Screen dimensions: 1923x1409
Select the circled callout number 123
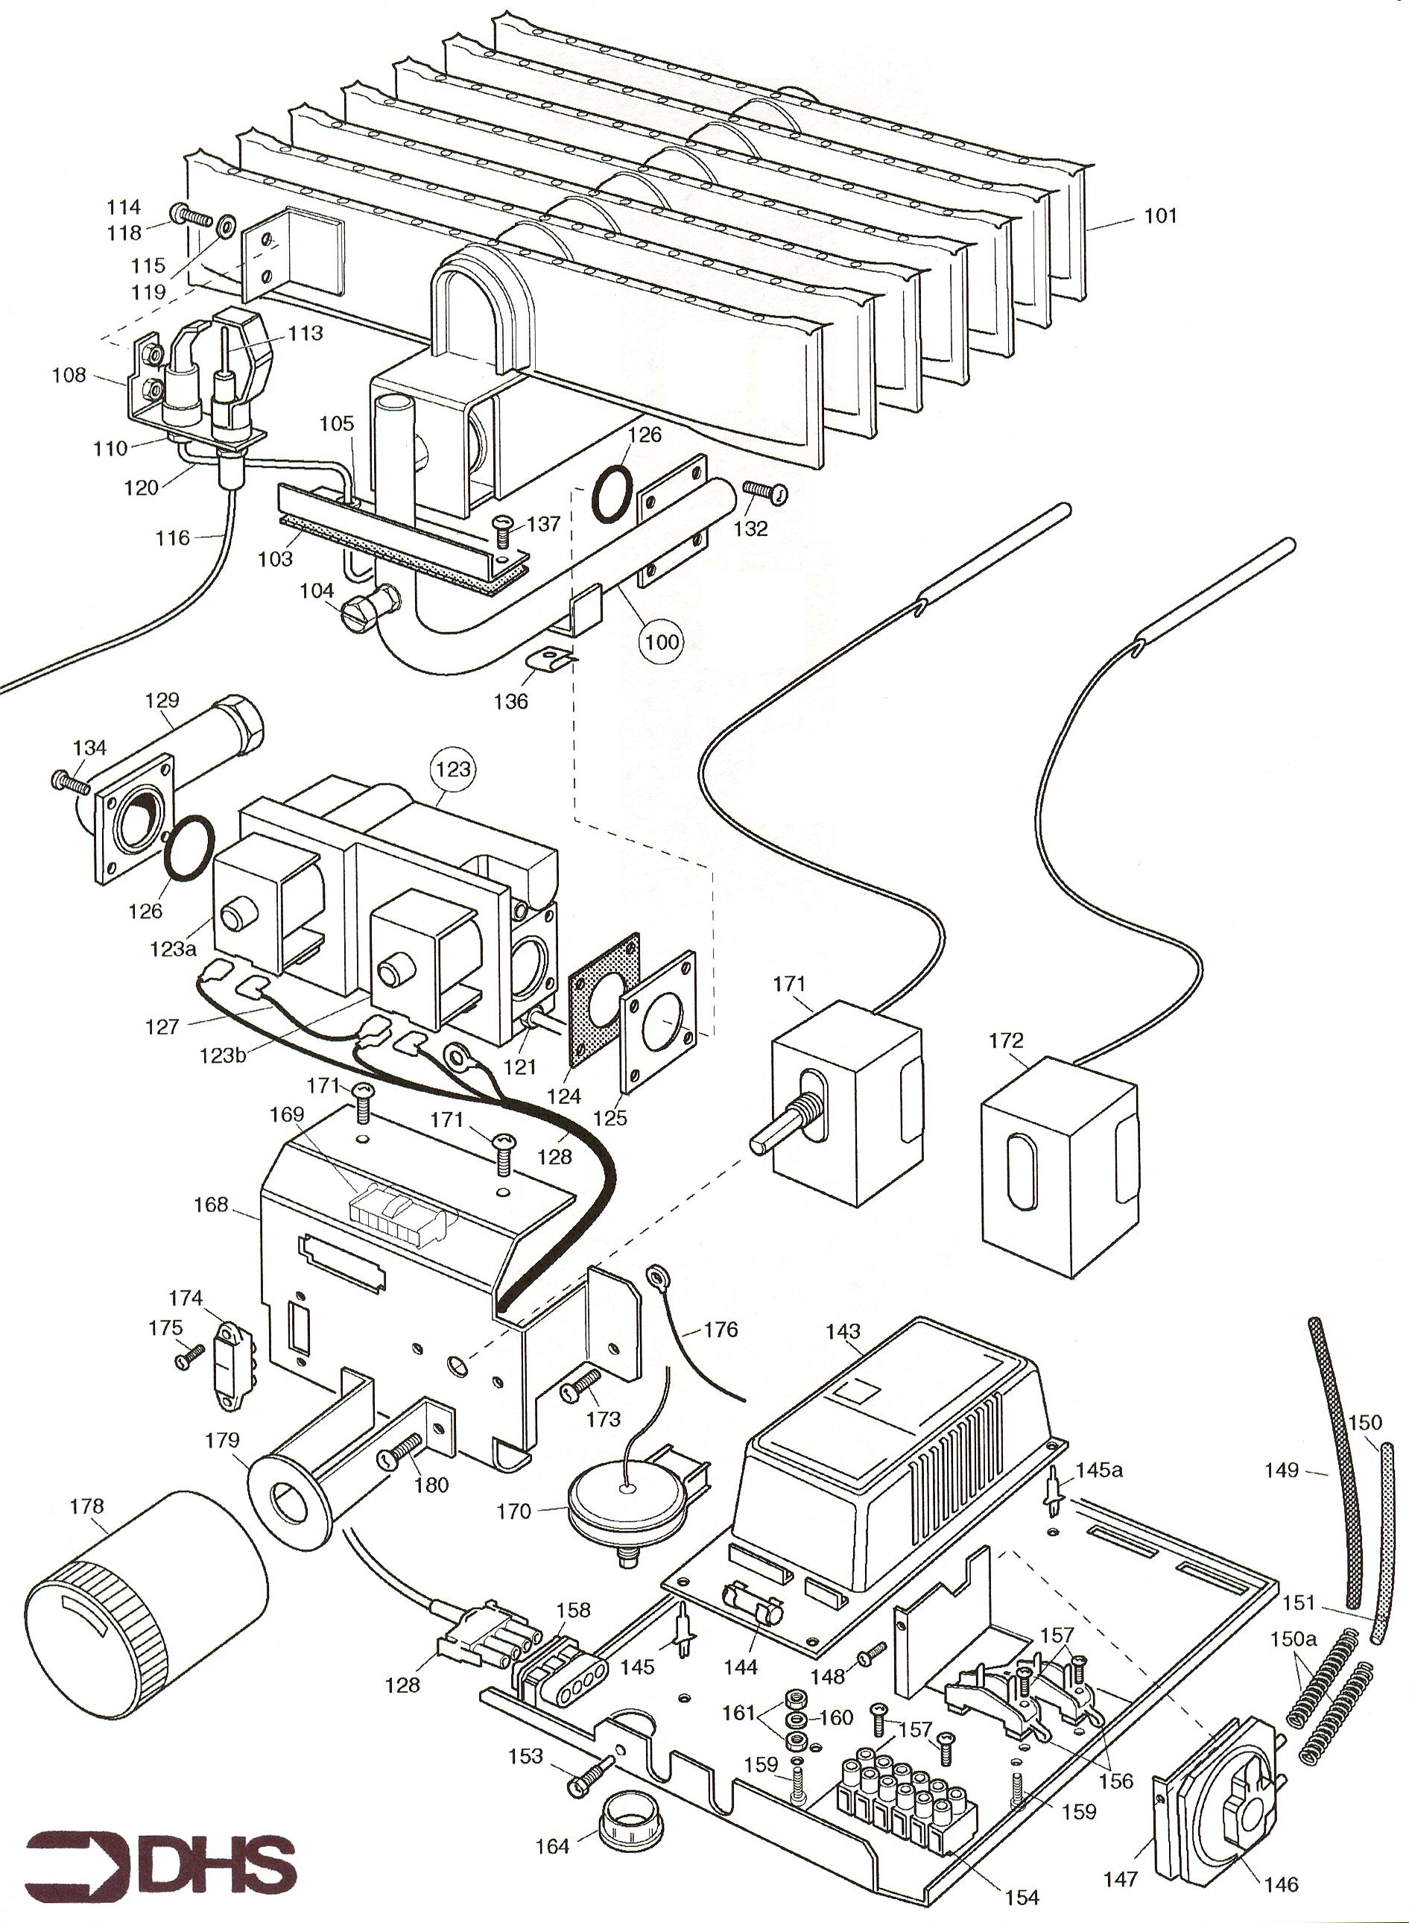[453, 768]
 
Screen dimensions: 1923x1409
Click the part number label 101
[1160, 216]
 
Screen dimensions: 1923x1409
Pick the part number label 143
[843, 1331]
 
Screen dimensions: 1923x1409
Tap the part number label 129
[162, 700]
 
